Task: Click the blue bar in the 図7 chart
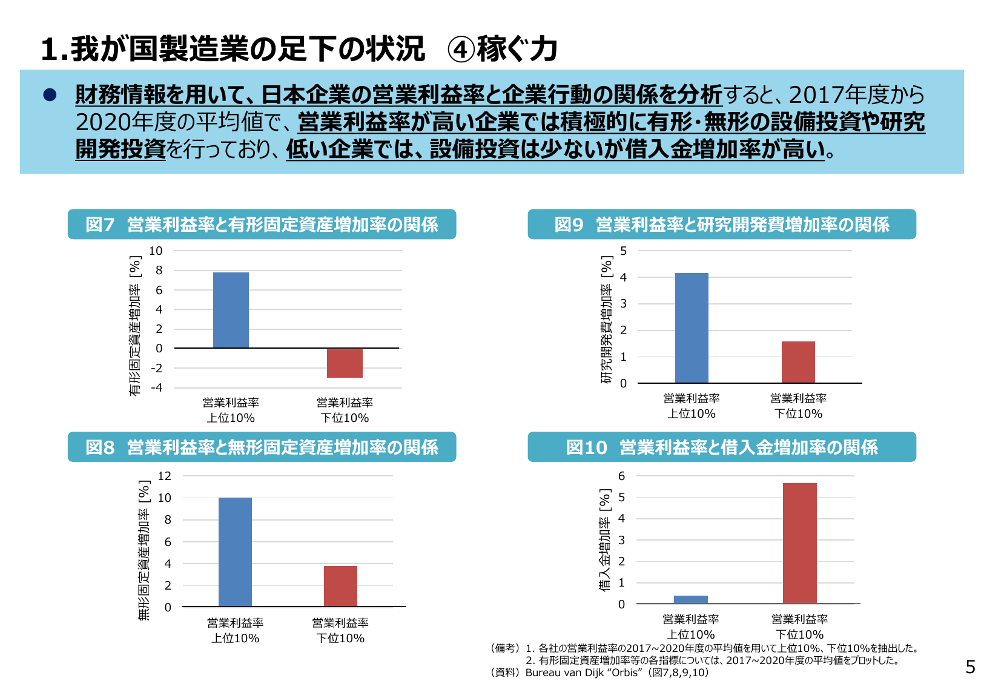tap(231, 310)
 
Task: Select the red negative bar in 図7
tap(345, 363)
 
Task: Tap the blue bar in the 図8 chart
tap(235, 551)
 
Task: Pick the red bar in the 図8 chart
tap(340, 586)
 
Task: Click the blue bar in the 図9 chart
tap(692, 327)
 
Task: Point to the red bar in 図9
tap(798, 362)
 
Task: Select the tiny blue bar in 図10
tap(690, 599)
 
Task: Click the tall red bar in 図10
tap(799, 542)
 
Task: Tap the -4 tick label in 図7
tap(157, 387)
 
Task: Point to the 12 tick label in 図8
tap(165, 476)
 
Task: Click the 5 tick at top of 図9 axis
tap(623, 251)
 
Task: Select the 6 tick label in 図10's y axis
tap(621, 476)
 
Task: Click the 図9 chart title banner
tap(721, 225)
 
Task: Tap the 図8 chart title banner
tap(262, 447)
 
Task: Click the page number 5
tap(970, 666)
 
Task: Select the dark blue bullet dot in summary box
tap(50, 94)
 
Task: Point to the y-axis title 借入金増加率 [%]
tap(604, 539)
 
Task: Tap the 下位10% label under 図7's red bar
tap(345, 418)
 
